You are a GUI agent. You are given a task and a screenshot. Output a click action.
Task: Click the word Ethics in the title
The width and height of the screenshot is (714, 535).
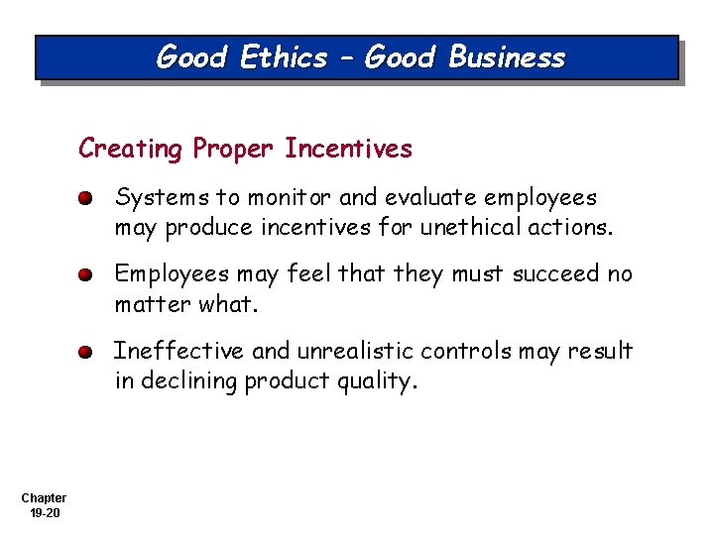284,58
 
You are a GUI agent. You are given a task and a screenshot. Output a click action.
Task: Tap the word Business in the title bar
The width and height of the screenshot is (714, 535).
507,58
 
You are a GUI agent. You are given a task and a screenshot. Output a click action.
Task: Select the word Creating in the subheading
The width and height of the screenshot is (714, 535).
131,150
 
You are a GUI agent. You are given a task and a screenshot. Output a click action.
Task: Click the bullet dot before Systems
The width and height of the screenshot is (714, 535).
87,198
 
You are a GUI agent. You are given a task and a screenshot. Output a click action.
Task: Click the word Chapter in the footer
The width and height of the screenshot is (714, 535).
44,498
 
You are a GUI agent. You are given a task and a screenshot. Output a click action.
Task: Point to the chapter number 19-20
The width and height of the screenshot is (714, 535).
44,513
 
